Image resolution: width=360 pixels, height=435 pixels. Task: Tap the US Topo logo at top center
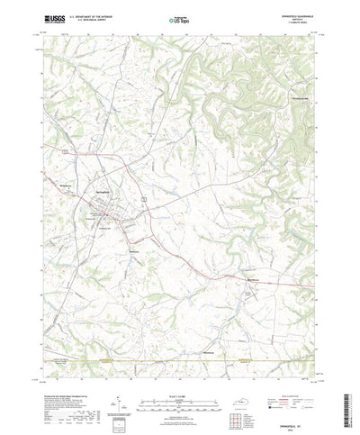click(176, 18)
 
